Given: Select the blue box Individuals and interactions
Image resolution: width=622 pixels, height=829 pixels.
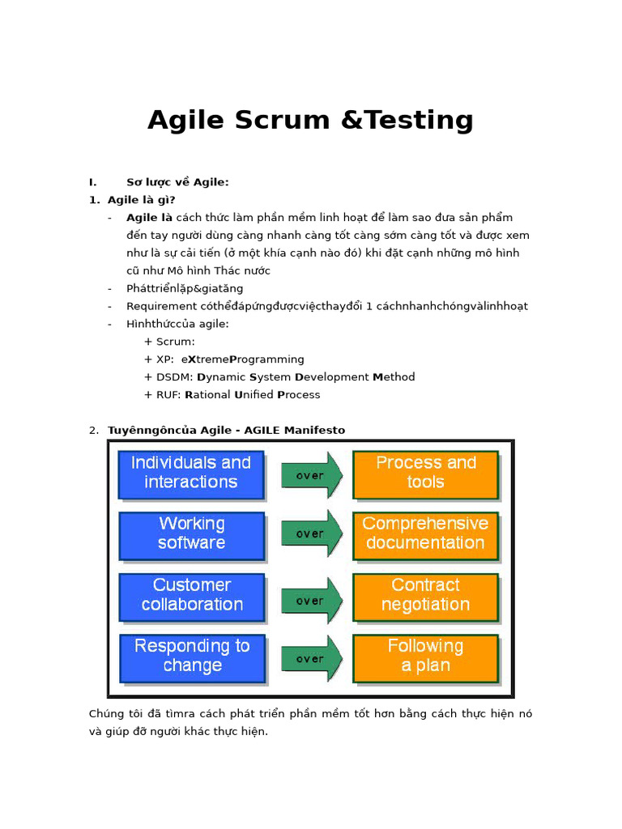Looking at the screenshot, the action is point(191,473).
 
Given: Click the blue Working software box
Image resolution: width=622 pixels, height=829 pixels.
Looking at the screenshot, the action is point(191,534).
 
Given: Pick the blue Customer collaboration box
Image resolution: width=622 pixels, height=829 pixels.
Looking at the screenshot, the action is point(191,596).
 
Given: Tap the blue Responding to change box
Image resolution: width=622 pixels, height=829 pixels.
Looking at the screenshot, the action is point(192,657).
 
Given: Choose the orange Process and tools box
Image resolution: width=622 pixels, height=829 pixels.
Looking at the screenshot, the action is point(425,473).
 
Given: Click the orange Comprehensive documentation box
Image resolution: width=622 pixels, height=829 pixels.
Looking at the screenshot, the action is point(425,534).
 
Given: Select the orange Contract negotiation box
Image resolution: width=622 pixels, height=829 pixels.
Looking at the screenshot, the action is point(425,596).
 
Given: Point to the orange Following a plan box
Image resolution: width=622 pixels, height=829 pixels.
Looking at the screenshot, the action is point(425,657).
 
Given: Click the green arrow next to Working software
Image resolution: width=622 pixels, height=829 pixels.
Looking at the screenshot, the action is point(311,534).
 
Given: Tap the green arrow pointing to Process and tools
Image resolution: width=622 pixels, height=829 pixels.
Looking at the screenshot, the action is point(311,475).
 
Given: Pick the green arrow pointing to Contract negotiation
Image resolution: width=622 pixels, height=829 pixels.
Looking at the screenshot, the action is point(311,601).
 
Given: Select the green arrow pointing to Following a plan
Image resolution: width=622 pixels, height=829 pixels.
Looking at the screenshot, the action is point(311,658).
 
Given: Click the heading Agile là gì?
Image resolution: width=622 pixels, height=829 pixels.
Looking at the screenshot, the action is point(142,200).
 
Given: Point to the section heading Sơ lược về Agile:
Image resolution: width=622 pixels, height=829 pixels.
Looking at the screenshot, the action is point(177,182).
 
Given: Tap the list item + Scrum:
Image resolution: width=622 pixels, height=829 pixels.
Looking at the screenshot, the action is point(169,342).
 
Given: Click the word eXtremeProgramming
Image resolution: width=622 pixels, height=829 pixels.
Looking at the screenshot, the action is point(243,359).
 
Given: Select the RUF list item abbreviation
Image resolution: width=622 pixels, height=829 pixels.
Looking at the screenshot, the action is point(168,395).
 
